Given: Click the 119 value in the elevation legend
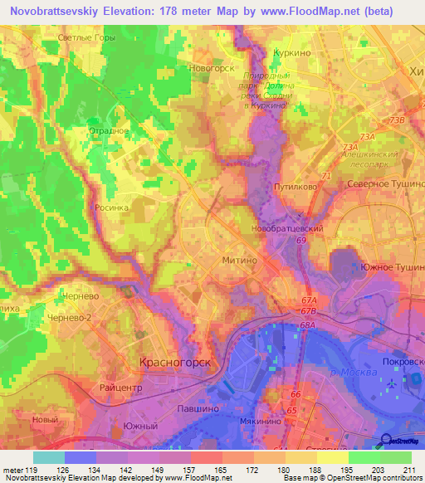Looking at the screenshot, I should (32, 470).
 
